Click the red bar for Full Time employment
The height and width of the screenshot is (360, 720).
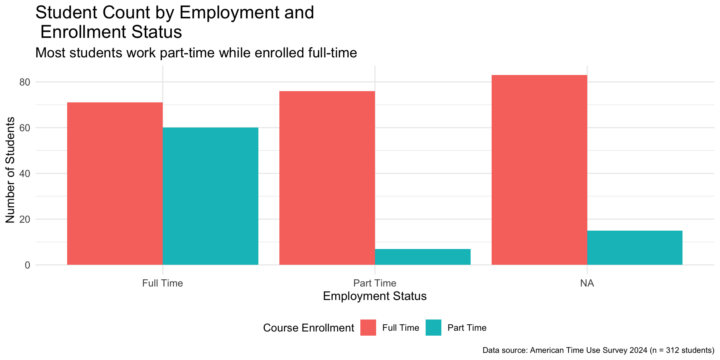pos(115,184)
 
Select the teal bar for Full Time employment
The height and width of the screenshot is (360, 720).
pos(210,196)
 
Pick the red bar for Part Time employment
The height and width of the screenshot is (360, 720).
pos(327,178)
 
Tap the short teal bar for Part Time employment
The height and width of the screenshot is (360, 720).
pos(423,257)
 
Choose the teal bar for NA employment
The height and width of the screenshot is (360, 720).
pos(634,248)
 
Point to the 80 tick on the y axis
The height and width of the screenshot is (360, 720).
pos(25,82)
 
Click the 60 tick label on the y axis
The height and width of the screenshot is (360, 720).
pos(25,128)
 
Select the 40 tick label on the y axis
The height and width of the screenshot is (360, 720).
pos(25,174)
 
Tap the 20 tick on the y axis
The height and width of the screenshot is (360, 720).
pos(25,219)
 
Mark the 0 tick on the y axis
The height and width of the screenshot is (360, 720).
pos(27,265)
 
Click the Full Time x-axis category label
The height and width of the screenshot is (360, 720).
pos(162,283)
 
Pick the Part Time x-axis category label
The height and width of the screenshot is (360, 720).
pos(375,283)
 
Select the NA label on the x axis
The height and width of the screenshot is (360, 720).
pos(587,283)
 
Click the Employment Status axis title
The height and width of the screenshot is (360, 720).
pos(375,296)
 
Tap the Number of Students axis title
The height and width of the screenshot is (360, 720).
pos(10,170)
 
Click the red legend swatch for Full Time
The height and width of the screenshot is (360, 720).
pos(368,328)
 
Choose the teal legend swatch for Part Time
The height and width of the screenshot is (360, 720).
pos(433,328)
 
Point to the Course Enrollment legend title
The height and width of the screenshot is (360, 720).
pos(308,328)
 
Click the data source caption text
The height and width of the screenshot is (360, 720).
pos(598,350)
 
